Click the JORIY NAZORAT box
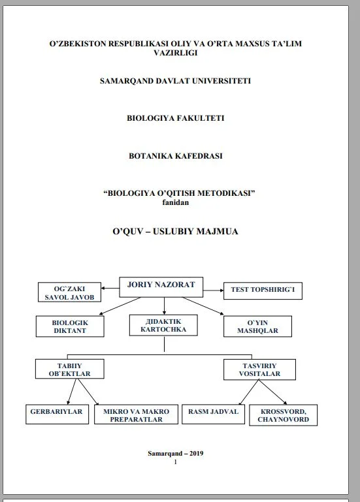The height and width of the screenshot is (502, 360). tap(161, 287)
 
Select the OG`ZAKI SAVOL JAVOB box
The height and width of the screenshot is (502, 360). tap(69, 292)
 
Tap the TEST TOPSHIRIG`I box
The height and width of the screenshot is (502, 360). tap(263, 290)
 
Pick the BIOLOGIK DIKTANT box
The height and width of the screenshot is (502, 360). tap(70, 326)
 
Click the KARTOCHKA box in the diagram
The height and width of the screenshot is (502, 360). tap(163, 325)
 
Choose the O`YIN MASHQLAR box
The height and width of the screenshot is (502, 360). tap(257, 326)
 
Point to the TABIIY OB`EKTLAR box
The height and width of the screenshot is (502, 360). tap(69, 369)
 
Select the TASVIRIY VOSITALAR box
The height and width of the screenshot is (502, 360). tap(259, 369)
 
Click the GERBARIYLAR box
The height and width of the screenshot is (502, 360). tap(57, 415)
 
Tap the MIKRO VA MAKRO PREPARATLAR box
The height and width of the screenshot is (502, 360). tap(136, 415)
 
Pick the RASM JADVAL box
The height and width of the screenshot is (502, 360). tap(213, 415)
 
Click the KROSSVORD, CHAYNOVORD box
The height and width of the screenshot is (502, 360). tap(284, 415)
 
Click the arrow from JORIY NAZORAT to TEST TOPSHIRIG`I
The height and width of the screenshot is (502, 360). tap(213, 290)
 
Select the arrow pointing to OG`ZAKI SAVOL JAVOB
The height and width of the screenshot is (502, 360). tap(110, 288)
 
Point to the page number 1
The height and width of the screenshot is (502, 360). tap(175, 462)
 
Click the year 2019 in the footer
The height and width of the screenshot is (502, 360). tap(196, 453)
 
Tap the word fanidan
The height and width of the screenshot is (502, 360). tap(175, 202)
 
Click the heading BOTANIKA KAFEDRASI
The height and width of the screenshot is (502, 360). tap(175, 156)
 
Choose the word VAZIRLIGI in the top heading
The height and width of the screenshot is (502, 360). tap(175, 53)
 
